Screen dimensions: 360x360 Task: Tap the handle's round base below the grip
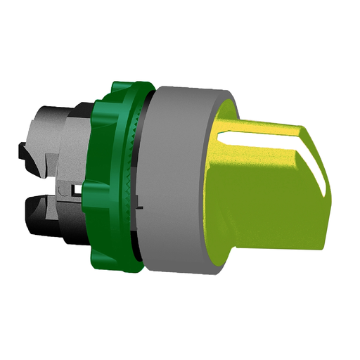point(225,239)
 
